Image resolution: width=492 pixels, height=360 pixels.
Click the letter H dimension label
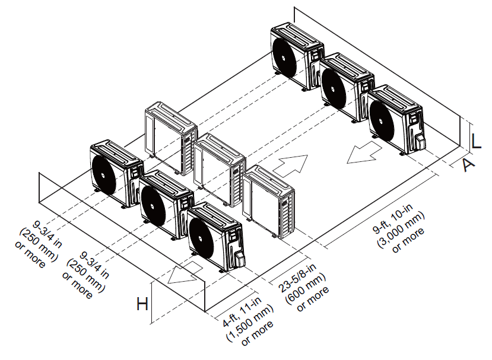(142, 305)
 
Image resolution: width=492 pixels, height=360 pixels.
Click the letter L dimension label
(477, 141)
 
